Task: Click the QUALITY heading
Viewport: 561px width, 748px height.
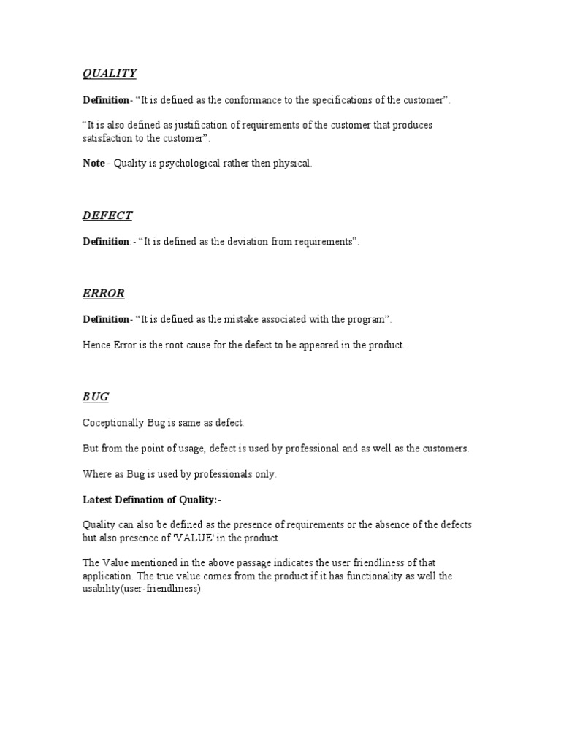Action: pyautogui.click(x=109, y=73)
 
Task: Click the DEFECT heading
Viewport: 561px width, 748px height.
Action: pyautogui.click(x=107, y=215)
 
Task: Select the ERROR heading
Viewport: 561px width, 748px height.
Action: pyautogui.click(x=104, y=294)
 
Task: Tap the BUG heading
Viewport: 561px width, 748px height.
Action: pyautogui.click(x=96, y=397)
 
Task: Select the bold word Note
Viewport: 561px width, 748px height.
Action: pyautogui.click(x=93, y=164)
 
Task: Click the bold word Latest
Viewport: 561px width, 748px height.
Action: pyautogui.click(x=99, y=500)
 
